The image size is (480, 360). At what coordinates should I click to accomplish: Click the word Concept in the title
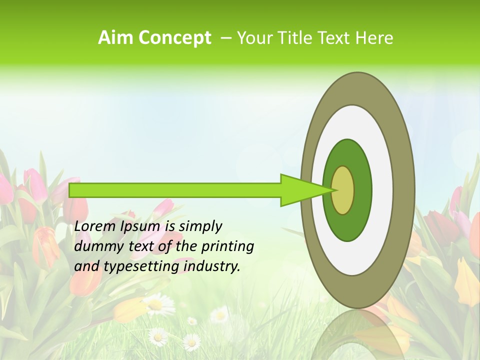point(174,38)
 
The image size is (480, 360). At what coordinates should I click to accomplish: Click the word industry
point(212,266)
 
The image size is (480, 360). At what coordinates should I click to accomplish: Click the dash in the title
point(225,38)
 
